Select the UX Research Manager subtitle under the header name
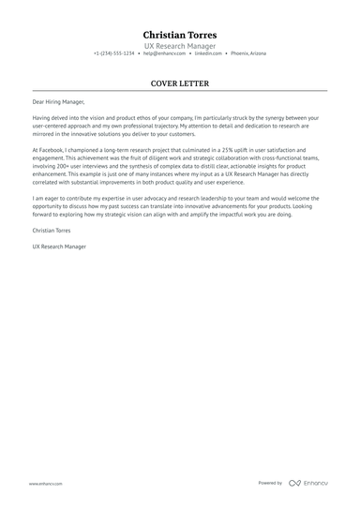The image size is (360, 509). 180,45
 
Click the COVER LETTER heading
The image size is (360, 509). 180,82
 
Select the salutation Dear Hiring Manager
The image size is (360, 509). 57,102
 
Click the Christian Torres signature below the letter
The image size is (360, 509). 52,230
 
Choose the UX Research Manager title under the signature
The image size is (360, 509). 59,247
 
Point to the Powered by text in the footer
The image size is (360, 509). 270,483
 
